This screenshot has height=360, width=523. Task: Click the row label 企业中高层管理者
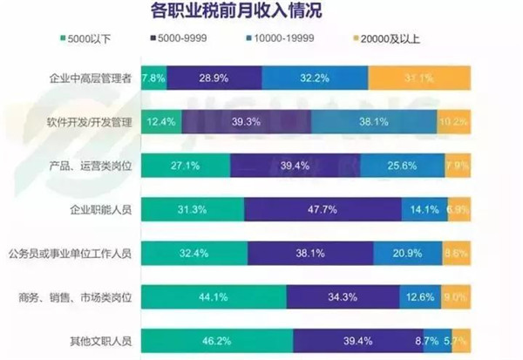pos(90,78)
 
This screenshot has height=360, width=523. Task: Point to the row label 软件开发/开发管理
pos(90,122)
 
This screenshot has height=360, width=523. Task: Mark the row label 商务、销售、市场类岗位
pos(79,297)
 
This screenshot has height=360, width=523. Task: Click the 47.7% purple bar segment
pos(323,209)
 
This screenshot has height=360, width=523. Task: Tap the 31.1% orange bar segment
pos(420,78)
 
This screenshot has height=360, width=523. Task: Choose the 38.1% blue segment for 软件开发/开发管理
pos(373,122)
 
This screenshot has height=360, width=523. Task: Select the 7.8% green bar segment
pos(153,78)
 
